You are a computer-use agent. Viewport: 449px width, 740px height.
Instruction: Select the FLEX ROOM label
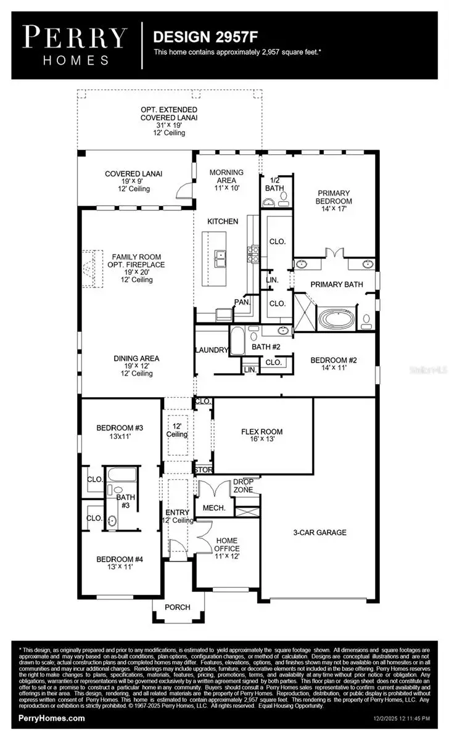[x=262, y=435]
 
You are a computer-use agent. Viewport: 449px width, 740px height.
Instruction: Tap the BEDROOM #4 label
[x=120, y=563]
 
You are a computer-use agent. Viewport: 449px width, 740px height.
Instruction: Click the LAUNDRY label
[x=211, y=350]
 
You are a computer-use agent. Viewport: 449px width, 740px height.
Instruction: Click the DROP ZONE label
[x=243, y=486]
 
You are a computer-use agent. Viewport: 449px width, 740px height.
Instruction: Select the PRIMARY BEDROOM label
[x=334, y=200]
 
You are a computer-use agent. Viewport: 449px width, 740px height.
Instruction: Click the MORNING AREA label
[x=226, y=179]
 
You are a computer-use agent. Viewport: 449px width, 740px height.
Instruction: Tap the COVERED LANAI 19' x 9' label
[x=133, y=181]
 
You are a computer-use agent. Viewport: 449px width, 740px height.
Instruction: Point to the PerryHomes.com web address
[x=52, y=718]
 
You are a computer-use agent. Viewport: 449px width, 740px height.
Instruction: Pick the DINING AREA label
[x=136, y=366]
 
